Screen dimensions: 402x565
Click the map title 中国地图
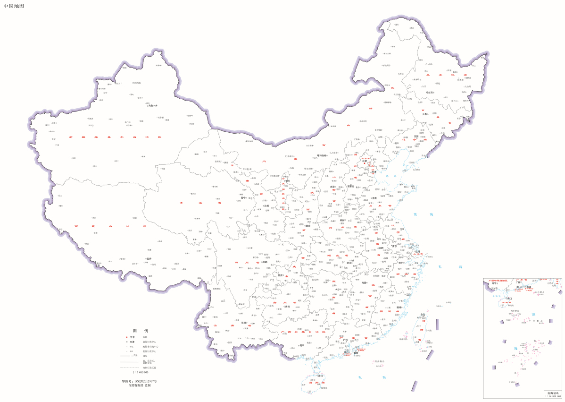pos(13,6)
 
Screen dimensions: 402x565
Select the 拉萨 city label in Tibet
pos(150,259)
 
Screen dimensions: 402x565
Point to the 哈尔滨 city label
pos(430,93)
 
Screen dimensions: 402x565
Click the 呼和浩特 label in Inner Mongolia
pos(322,155)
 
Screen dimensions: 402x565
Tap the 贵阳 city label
pos(287,307)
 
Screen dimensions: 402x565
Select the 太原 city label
pos(332,187)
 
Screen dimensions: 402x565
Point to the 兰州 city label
pos(266,205)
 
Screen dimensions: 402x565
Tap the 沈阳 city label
pos(416,137)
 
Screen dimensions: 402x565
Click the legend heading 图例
pos(141,331)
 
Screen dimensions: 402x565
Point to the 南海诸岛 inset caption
pos(551,393)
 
